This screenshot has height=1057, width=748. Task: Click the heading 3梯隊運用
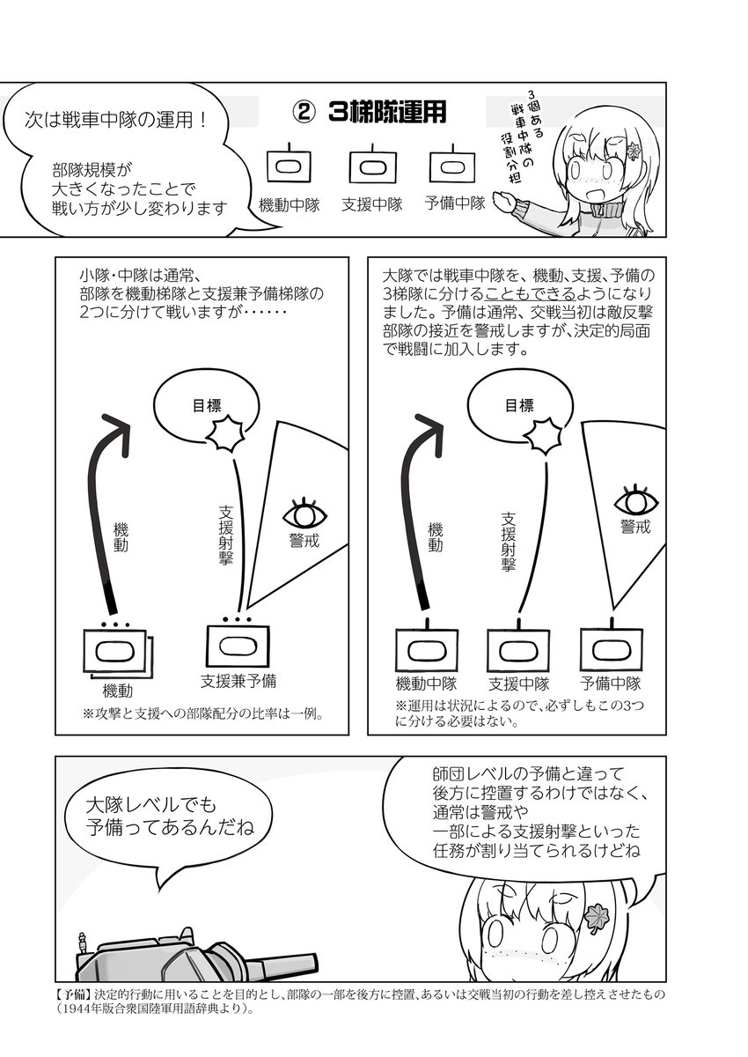click(x=387, y=112)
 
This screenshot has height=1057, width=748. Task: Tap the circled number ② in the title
click(x=304, y=113)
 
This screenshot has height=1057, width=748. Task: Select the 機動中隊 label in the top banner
click(x=290, y=204)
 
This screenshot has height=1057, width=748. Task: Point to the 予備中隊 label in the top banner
click(x=455, y=203)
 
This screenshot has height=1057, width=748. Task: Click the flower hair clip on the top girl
click(x=633, y=150)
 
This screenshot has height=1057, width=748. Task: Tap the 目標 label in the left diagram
click(x=207, y=405)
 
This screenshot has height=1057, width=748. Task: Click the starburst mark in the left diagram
click(x=227, y=433)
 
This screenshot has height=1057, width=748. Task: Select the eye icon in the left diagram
click(x=305, y=514)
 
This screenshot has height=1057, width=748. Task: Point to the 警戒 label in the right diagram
click(x=635, y=527)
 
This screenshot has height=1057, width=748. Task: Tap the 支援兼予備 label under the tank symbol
click(x=238, y=680)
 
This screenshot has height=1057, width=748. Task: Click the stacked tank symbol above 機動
click(x=118, y=652)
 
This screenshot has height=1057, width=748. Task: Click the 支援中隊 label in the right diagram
click(x=519, y=684)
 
